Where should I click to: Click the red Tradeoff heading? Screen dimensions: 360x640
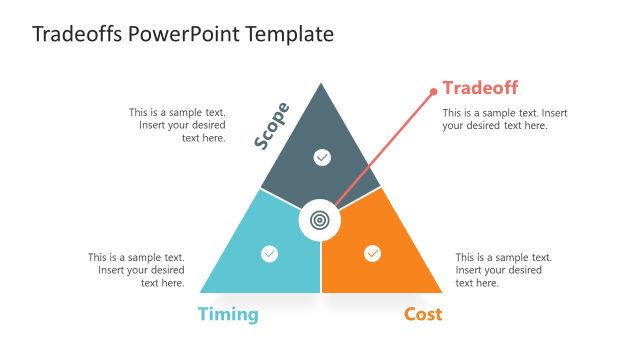480,87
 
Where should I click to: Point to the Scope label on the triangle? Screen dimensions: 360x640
271,126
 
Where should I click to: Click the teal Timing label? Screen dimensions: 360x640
228,315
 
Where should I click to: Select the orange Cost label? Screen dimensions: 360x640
423,315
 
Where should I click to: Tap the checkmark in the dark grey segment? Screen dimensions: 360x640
321,157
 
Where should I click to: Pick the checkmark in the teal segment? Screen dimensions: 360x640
269,254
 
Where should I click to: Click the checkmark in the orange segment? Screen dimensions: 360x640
372,254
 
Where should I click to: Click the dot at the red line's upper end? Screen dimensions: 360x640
433,92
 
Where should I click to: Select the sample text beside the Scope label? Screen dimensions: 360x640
177,126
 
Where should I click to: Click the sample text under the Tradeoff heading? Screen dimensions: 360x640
505,119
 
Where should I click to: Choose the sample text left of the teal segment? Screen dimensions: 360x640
137,270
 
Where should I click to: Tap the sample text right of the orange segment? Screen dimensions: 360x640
503,270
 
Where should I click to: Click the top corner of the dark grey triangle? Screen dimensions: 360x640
321,85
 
